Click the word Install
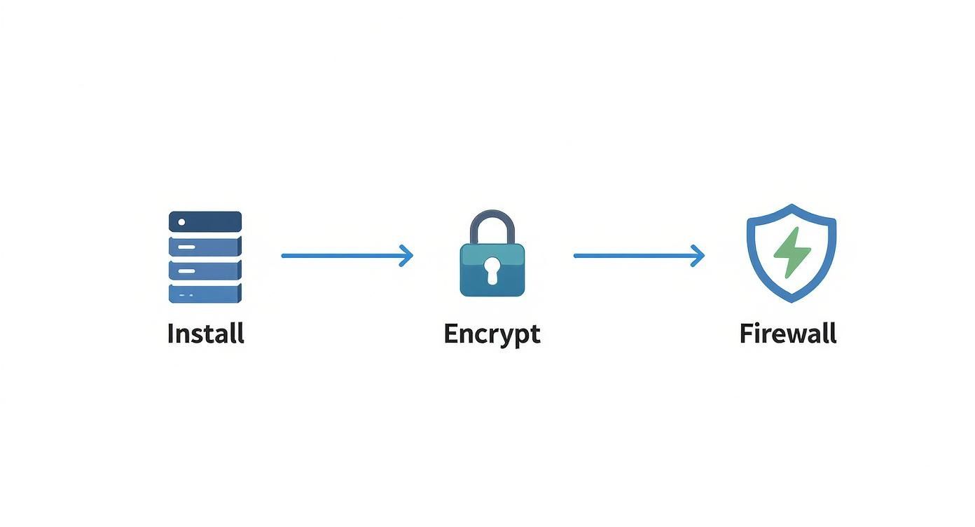205,333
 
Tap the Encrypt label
492,334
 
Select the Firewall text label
788,333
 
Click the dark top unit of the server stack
205,221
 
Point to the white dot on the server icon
182,222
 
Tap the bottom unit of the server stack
205,294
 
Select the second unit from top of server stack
205,246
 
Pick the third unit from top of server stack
205,270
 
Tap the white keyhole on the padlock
492,270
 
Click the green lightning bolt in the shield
791,253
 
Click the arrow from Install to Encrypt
343,256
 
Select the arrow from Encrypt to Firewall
634,256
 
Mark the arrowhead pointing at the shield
699,256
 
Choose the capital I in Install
170,333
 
